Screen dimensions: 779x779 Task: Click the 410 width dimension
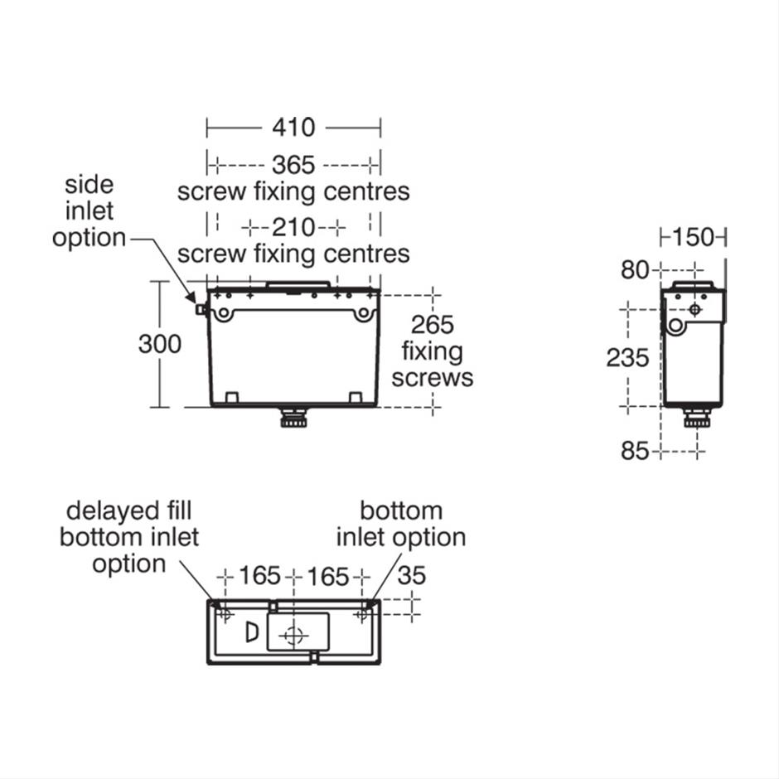293,128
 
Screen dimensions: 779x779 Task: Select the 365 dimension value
293,164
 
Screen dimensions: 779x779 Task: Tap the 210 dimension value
293,228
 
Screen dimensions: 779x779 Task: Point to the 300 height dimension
159,344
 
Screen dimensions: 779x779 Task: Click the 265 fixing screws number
433,325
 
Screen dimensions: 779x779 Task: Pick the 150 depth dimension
693,238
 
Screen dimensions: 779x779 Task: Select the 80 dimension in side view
635,270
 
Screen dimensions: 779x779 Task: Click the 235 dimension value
627,358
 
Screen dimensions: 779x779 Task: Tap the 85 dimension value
635,451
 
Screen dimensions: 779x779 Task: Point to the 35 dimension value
412,576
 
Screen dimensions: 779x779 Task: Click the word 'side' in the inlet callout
89,185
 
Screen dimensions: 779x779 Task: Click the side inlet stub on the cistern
201,309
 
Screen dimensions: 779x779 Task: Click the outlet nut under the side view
698,418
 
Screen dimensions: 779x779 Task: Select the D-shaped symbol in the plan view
253,632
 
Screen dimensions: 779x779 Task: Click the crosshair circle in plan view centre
293,636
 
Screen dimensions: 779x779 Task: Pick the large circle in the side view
675,326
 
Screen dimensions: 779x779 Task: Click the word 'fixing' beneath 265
433,351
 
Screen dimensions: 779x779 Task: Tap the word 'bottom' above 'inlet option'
401,510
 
